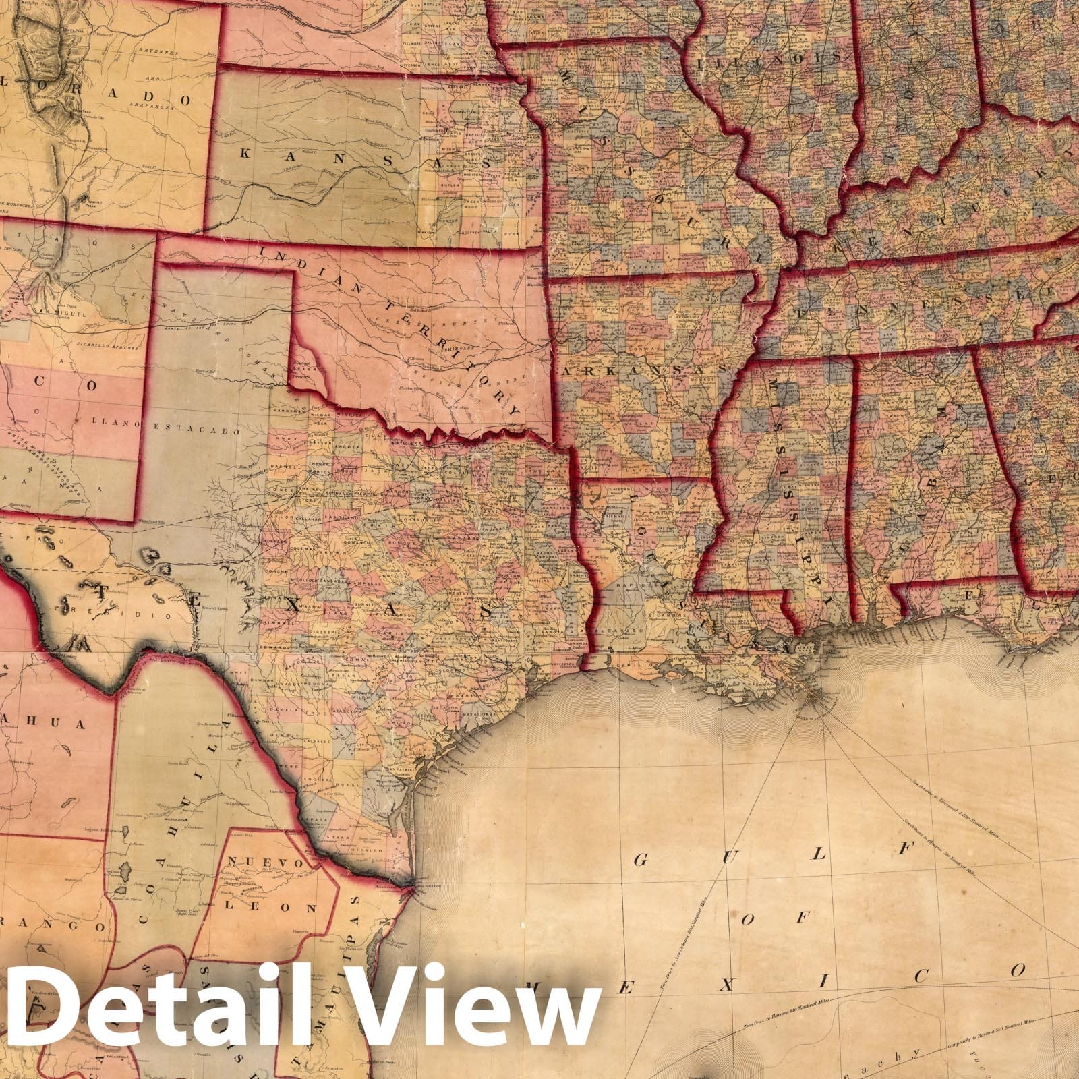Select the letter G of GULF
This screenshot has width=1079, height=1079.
(x=641, y=859)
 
